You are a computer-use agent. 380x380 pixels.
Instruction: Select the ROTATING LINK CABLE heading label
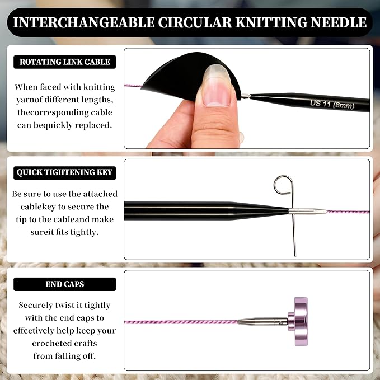[x=64, y=62]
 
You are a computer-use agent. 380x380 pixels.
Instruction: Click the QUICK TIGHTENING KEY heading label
[x=64, y=172]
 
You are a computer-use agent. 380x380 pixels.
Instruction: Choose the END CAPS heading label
[x=64, y=284]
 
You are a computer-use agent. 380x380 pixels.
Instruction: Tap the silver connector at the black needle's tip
[x=308, y=212]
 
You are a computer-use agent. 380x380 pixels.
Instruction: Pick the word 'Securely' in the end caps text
[x=36, y=306]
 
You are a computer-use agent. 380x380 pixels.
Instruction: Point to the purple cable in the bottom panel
[x=179, y=322]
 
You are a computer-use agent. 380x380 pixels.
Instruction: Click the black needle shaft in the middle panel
[x=196, y=211]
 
